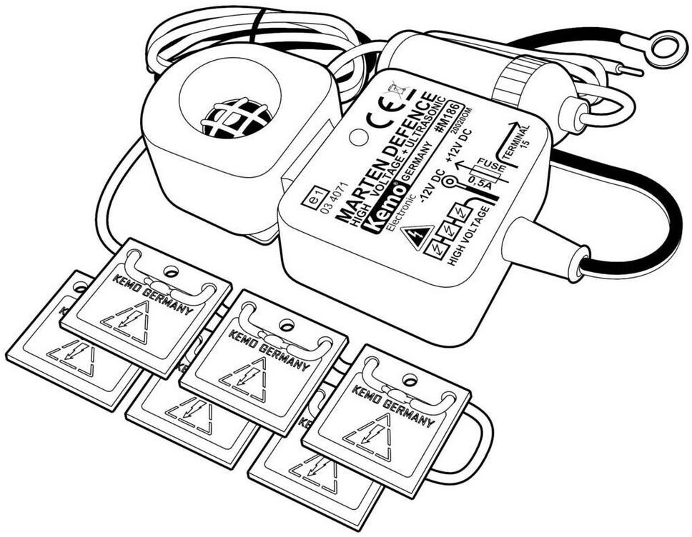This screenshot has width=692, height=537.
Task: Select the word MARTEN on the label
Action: point(355,198)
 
